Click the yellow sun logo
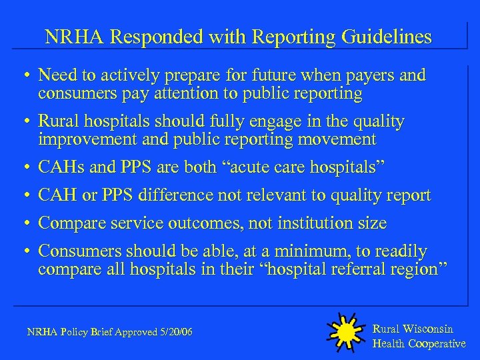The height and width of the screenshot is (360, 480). (345, 331)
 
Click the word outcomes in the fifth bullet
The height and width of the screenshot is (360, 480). (205, 223)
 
